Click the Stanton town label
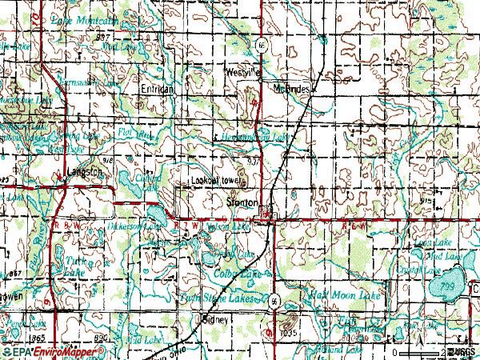pyautogui.click(x=242, y=203)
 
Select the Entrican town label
pyautogui.click(x=157, y=89)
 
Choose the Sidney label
pyautogui.click(x=214, y=319)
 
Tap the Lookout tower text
pyautogui.click(x=215, y=182)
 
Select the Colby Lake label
pyautogui.click(x=239, y=274)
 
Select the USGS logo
pyautogui.click(x=464, y=352)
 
